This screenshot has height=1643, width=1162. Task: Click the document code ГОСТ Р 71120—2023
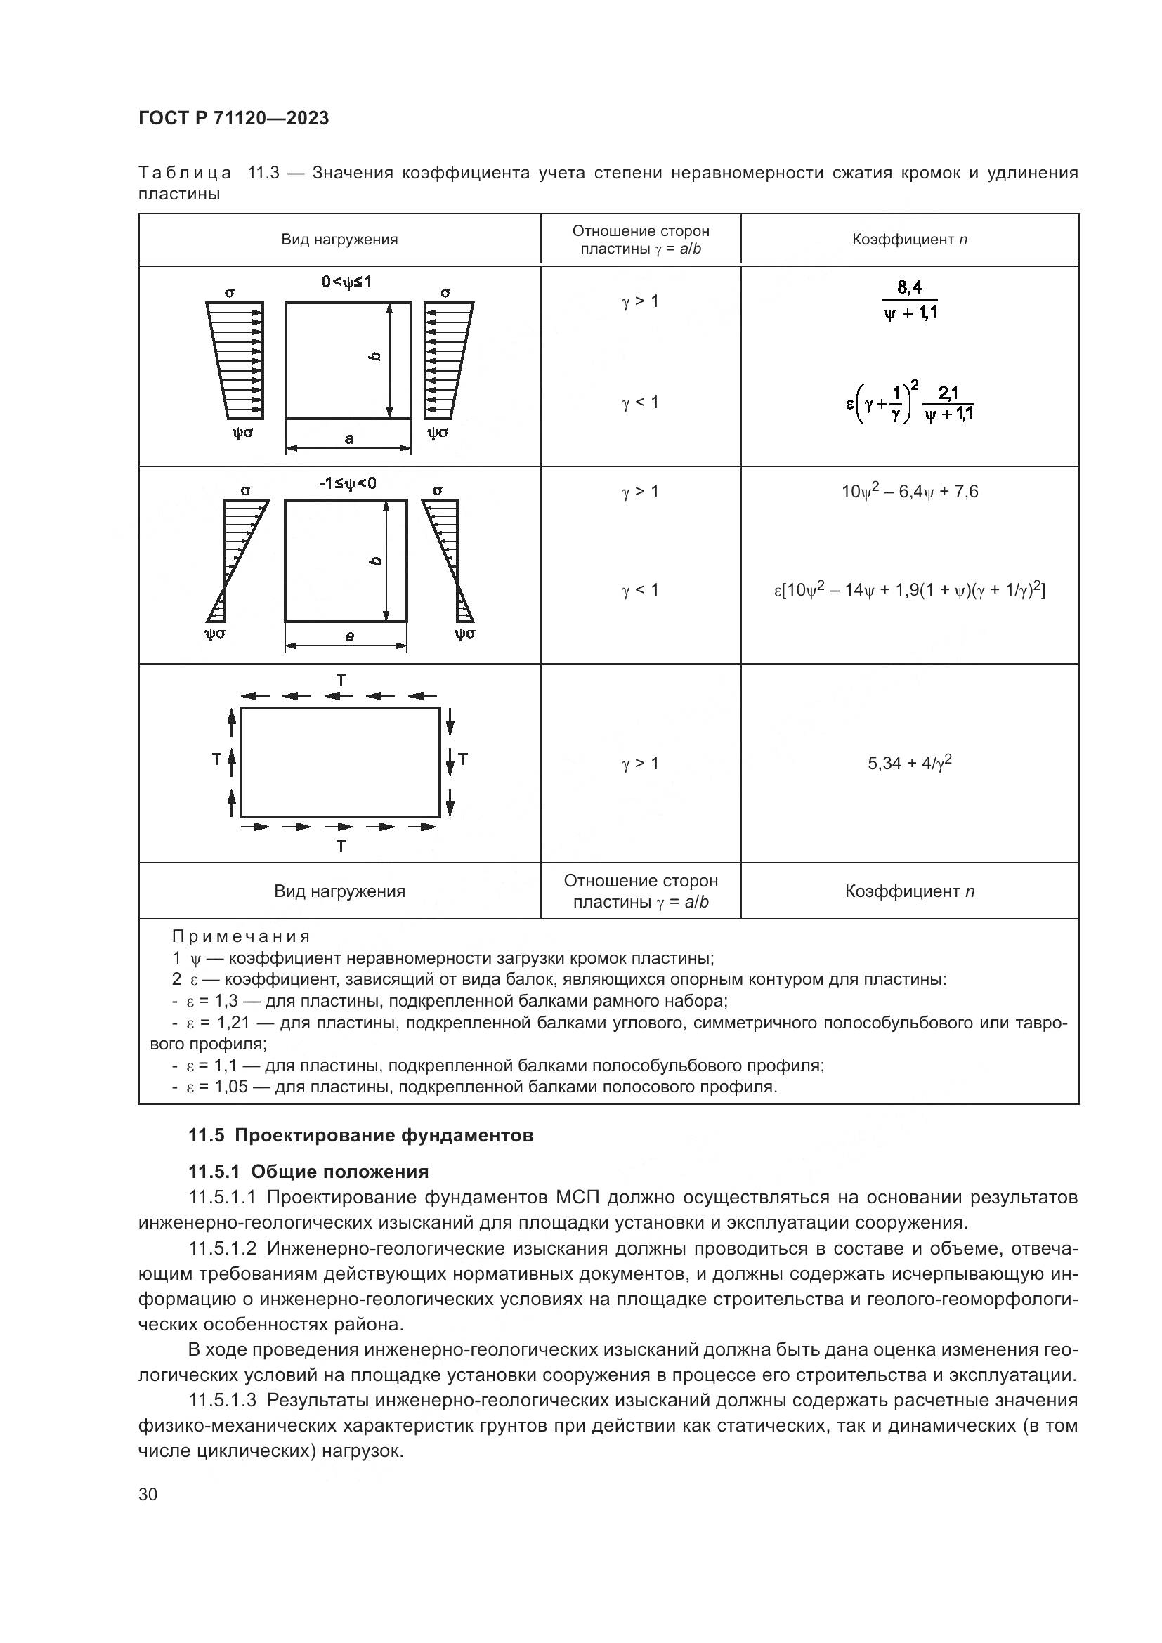233,119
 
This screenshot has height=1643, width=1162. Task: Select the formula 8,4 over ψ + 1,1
909,301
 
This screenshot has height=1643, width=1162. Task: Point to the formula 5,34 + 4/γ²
909,763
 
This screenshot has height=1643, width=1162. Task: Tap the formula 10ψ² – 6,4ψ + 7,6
909,492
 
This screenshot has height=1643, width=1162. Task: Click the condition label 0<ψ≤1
346,282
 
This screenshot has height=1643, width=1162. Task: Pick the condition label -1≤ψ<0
347,484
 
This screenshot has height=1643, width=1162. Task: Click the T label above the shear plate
341,681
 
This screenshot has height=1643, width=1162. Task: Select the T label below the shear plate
341,846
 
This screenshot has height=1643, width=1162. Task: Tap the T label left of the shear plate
216,759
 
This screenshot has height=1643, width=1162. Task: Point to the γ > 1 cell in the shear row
641,764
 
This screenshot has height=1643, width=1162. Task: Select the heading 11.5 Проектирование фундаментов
360,1136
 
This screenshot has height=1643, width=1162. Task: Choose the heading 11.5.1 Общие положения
308,1172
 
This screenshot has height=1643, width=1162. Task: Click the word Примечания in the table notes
241,937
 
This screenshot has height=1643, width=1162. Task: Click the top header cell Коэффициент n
909,240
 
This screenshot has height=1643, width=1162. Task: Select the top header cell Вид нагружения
339,240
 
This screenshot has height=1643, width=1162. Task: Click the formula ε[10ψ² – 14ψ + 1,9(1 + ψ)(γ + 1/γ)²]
909,590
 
